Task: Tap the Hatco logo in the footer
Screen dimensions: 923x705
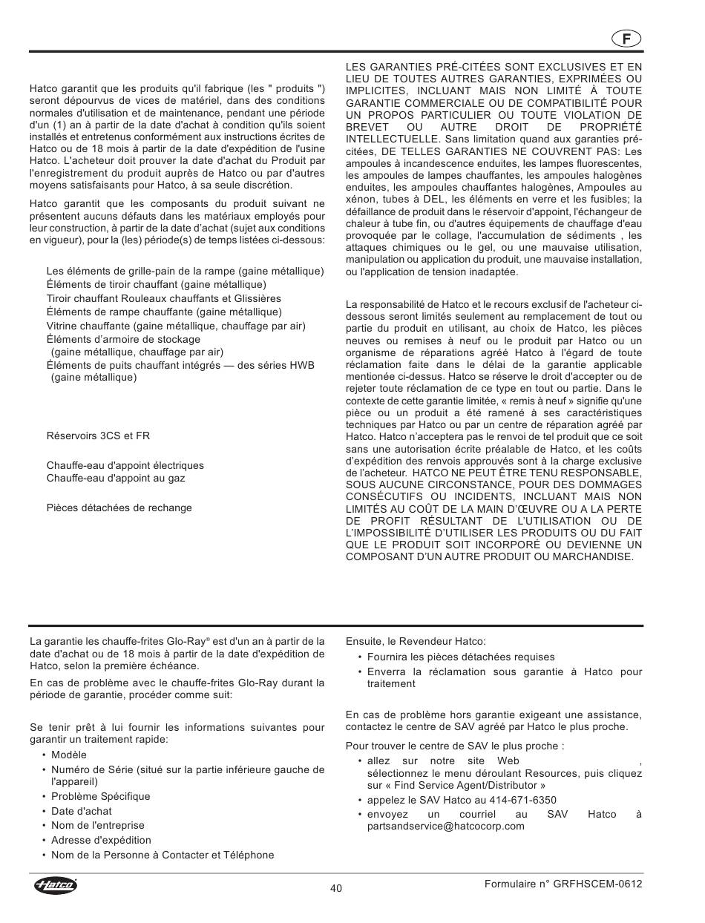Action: point(55,885)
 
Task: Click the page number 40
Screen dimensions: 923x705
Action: point(336,890)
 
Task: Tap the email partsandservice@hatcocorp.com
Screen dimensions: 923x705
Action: point(445,826)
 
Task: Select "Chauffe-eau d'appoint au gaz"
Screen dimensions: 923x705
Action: point(116,479)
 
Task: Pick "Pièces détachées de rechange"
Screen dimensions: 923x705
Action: point(119,508)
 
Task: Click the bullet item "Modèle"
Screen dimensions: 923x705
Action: point(69,755)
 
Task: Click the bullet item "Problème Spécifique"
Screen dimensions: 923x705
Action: point(100,796)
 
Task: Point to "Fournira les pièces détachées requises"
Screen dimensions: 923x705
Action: point(461,657)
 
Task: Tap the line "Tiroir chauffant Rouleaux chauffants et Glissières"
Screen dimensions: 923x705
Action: point(164,298)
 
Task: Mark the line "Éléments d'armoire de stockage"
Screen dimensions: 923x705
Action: point(123,340)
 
